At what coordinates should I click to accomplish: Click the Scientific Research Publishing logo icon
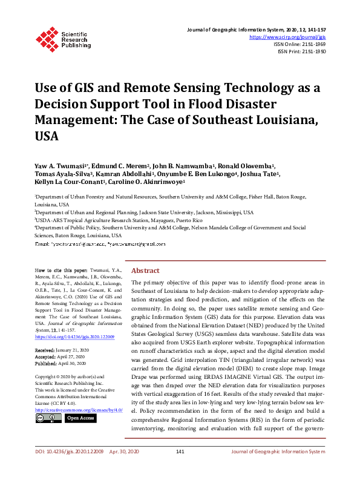47,38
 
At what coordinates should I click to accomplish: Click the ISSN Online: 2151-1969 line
301,44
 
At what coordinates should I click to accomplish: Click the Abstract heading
145,271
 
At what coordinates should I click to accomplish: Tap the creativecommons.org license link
79,410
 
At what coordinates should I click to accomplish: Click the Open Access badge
80,418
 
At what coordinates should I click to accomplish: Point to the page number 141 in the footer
180,469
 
